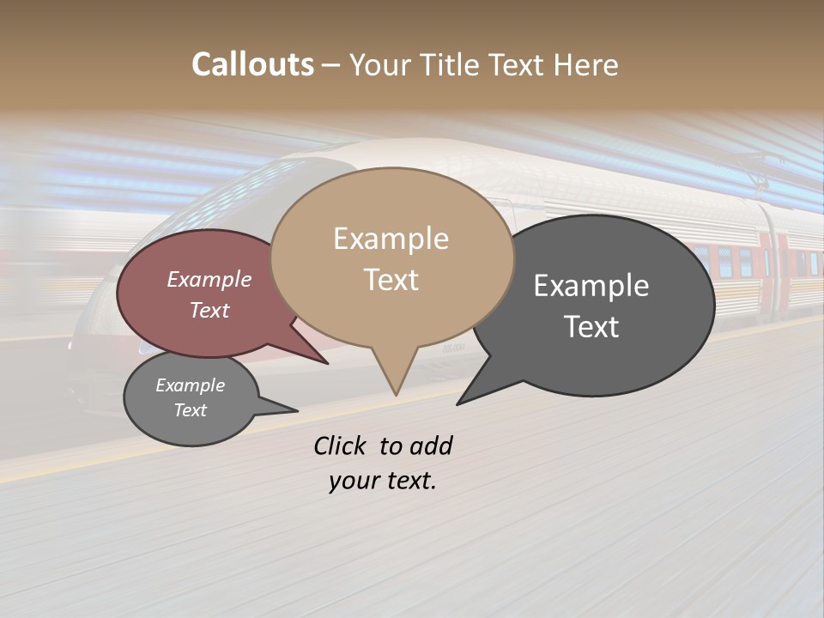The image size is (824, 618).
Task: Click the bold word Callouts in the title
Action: coord(252,64)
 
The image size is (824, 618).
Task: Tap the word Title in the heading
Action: coord(450,65)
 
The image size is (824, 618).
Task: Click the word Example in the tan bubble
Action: coord(391,239)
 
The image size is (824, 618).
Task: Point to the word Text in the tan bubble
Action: coord(391,280)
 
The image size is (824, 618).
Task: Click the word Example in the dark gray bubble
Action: coord(591,286)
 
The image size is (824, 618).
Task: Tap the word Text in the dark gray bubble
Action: coord(591,327)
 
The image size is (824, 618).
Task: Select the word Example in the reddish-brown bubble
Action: coord(209,279)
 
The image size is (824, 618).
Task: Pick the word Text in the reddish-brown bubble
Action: coord(209,310)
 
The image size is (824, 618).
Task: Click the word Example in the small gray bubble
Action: coord(190,385)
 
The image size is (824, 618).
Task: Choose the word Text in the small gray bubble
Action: coord(190,410)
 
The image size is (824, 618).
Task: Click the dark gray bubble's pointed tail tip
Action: coord(457,403)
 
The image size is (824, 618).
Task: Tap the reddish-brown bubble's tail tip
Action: coord(327,363)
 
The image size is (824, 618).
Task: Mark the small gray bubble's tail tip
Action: coord(297,410)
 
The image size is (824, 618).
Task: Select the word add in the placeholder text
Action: coord(431,445)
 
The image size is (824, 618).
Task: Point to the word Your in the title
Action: coord(379,65)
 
